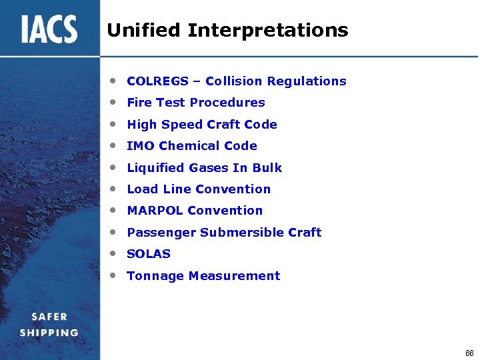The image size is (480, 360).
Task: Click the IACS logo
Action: click(49, 29)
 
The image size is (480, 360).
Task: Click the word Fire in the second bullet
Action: click(139, 103)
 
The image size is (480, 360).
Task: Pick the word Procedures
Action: click(229, 103)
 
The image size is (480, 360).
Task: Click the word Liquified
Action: click(156, 168)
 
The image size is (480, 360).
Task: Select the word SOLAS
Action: click(149, 254)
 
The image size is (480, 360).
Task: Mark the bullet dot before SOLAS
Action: click(115, 253)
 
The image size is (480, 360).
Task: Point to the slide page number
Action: click(469, 352)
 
